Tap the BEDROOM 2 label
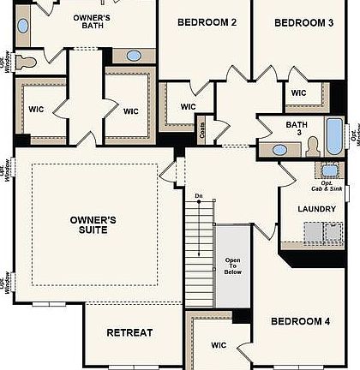207,23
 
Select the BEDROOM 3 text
303,23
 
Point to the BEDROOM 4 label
300,321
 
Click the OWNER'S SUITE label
93,225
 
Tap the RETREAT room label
129,332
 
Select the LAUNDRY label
316,209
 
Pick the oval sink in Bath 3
280,150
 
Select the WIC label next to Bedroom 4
219,346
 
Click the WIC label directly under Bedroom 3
298,93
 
